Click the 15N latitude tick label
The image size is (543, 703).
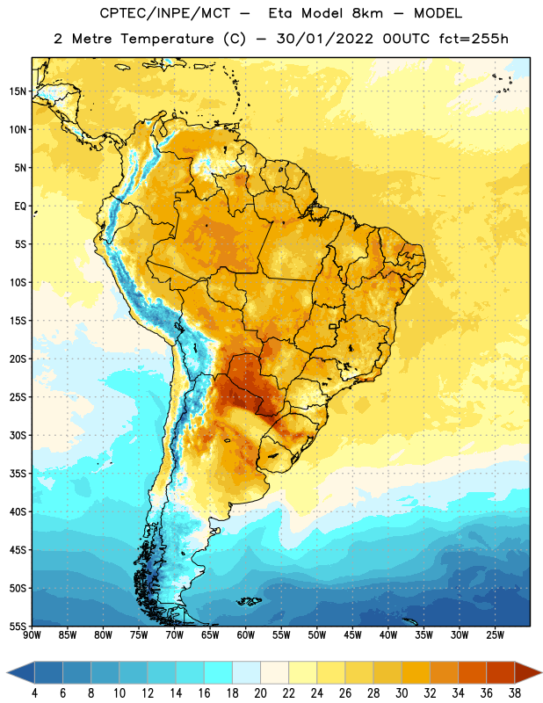(x=18, y=91)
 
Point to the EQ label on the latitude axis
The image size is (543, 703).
(x=20, y=207)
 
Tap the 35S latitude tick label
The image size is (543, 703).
(x=18, y=474)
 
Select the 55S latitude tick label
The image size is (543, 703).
(x=18, y=626)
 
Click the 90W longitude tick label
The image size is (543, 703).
(x=33, y=635)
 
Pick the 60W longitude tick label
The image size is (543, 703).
(x=246, y=635)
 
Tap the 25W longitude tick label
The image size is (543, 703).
(x=495, y=635)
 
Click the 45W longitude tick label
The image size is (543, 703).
(x=352, y=635)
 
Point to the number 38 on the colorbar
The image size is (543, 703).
(x=514, y=693)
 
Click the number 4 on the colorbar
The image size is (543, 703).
(x=34, y=693)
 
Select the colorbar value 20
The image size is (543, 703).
(x=260, y=693)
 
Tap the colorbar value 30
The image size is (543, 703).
(x=402, y=693)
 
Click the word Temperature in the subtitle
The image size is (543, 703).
(x=167, y=39)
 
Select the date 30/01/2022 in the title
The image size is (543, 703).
(x=324, y=39)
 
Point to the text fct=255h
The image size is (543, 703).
(x=474, y=39)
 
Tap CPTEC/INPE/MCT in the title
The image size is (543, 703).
(x=164, y=13)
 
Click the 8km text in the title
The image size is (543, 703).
(x=367, y=13)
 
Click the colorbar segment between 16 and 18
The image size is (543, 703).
(x=218, y=672)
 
